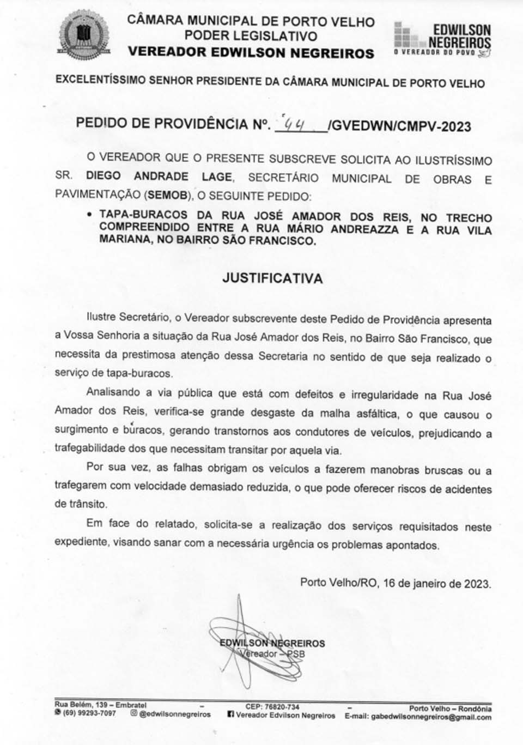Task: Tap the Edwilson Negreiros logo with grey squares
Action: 442,39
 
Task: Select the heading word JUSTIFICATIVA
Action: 272,278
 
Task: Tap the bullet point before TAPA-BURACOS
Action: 89,215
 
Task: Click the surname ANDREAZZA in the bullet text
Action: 364,229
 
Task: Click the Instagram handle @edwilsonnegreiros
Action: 174,714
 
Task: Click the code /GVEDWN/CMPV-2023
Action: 400,126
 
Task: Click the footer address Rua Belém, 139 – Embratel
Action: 100,705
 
